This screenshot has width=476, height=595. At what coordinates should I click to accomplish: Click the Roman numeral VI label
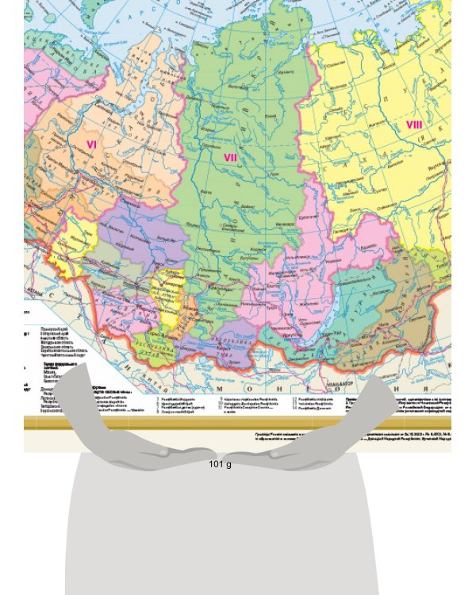pyautogui.click(x=91, y=144)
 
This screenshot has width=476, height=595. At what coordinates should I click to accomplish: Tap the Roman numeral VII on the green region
pyautogui.click(x=230, y=157)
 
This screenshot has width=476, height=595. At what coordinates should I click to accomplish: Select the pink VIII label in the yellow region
pyautogui.click(x=414, y=125)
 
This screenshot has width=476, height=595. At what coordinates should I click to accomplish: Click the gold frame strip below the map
pyautogui.click(x=238, y=422)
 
